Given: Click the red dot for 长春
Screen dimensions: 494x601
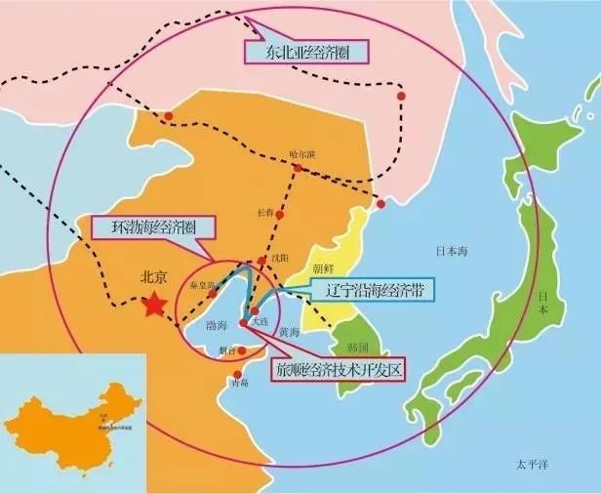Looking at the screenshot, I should tap(281, 214).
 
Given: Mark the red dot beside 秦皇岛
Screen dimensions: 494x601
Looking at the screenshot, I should tap(211, 293).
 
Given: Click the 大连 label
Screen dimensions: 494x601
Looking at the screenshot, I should tap(260, 320).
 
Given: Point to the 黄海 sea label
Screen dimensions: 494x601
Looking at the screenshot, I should tap(289, 333).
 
